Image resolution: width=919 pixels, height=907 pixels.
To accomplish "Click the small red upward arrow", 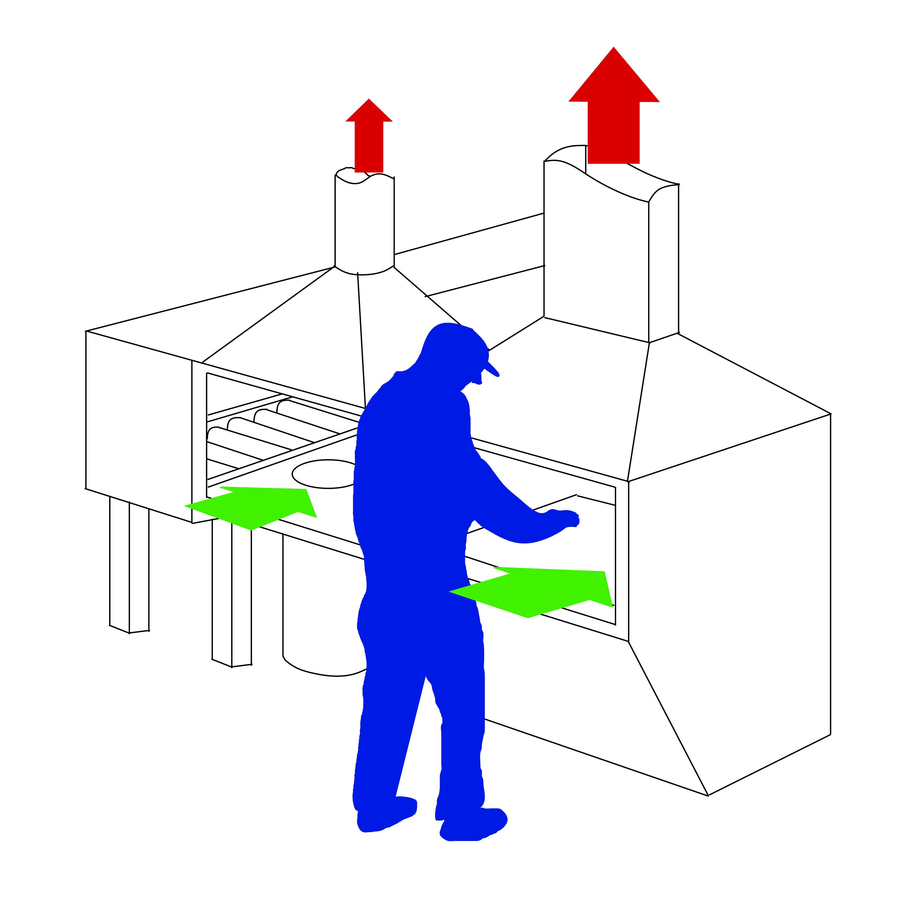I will [x=369, y=138].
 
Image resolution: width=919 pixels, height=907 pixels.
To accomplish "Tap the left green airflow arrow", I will [x=257, y=507].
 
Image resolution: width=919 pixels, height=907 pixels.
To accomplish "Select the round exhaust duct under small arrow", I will [x=364, y=224].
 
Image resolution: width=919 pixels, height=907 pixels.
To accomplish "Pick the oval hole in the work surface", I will [x=323, y=473].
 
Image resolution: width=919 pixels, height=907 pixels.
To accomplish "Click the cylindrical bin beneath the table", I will [x=319, y=614].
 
